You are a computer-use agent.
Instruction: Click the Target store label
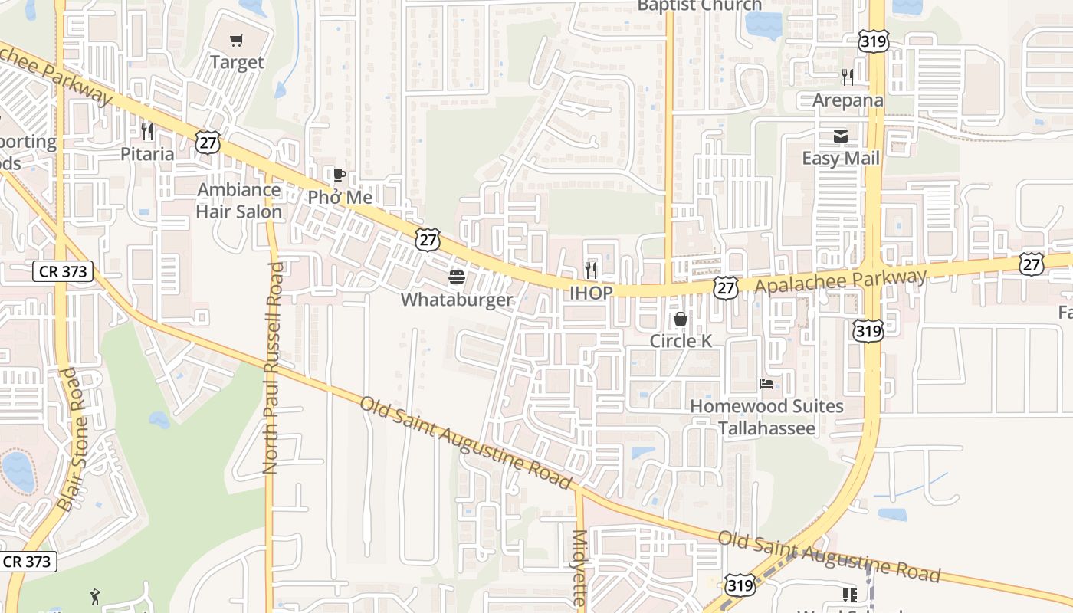tap(237, 62)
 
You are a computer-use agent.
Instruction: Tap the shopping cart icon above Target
tap(237, 40)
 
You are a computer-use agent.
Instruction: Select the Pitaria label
tap(147, 154)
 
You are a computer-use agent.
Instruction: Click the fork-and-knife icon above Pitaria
tap(147, 132)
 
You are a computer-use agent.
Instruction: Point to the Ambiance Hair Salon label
tap(239, 201)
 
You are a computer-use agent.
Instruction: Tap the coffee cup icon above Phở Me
tap(339, 175)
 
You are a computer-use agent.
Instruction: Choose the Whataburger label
tap(457, 299)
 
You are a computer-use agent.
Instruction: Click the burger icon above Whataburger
tap(457, 277)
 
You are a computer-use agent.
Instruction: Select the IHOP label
tap(591, 293)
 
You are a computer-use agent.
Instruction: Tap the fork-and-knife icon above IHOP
tap(591, 270)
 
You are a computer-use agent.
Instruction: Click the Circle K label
tap(681, 341)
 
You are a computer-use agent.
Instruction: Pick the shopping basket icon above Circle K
tap(681, 319)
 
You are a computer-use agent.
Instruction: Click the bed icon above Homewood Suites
tap(766, 384)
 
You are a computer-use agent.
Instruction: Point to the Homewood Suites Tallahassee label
tap(766, 417)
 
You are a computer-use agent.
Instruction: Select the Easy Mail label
tap(841, 159)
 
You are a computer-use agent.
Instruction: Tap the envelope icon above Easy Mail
tap(841, 136)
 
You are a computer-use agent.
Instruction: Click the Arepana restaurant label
tap(848, 100)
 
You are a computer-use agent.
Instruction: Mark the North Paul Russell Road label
tap(272, 368)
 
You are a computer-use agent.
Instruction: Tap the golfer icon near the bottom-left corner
tap(95, 596)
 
